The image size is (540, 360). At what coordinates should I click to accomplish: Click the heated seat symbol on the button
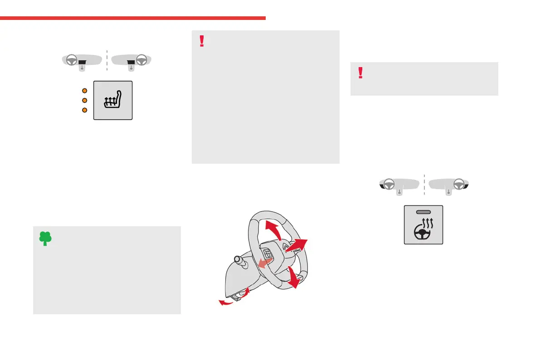113,100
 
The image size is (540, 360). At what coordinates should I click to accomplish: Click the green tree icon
44,238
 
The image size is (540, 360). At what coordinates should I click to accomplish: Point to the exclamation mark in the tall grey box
202,41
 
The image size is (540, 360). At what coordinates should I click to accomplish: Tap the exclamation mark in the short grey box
360,73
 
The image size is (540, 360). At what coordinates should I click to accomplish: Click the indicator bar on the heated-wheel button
423,213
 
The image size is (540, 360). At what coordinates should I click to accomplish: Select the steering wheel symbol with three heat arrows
423,229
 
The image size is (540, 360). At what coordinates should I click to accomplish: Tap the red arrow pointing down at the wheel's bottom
294,277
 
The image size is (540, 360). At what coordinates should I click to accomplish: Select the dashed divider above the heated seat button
107,60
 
